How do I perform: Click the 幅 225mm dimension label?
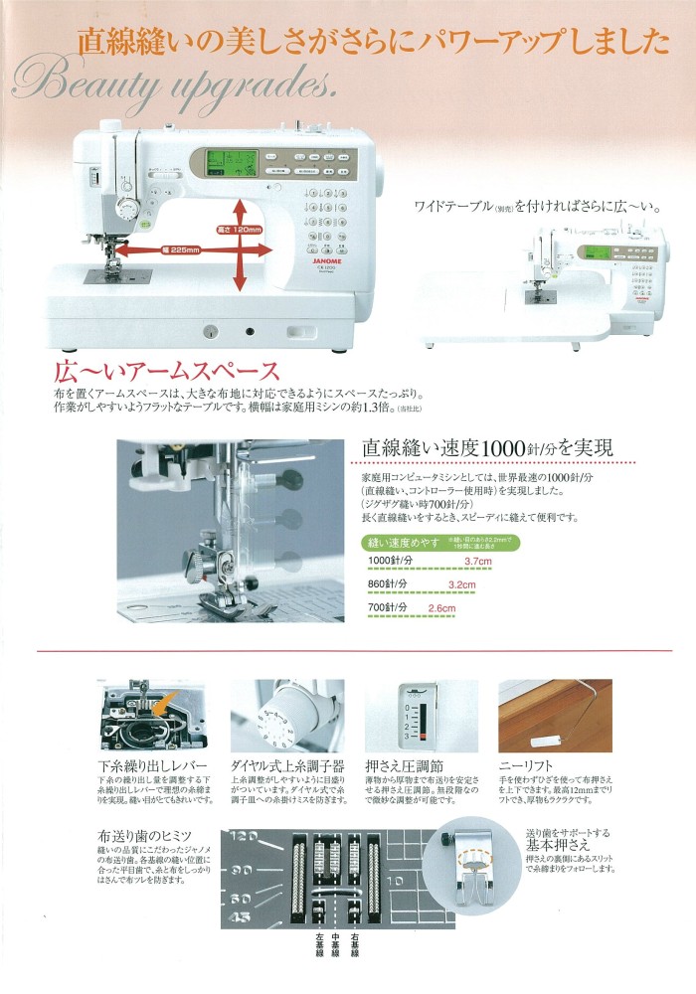[179, 250]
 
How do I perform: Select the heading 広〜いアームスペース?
[167, 372]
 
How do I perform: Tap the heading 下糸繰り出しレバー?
[153, 766]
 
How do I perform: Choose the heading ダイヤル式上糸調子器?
[287, 766]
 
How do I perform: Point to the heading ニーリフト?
[528, 766]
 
